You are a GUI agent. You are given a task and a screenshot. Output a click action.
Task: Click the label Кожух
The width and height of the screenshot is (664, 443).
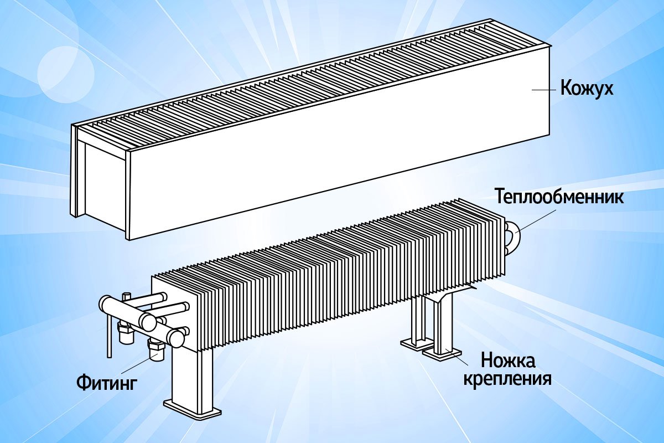click(587, 88)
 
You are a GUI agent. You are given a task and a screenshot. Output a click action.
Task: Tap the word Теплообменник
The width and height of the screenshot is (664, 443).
click(559, 197)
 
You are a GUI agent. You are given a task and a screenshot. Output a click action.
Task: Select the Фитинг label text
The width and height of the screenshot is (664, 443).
click(107, 383)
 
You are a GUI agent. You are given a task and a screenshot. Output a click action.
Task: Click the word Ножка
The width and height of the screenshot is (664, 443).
click(508, 360)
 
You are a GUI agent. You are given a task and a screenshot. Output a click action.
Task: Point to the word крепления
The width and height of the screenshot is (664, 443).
click(507, 379)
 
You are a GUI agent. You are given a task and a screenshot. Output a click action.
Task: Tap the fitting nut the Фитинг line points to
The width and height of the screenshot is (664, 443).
click(156, 350)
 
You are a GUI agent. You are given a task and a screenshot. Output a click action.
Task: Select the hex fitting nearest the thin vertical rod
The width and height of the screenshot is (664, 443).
click(127, 333)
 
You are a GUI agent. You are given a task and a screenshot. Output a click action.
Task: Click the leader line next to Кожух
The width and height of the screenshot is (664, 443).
click(543, 90)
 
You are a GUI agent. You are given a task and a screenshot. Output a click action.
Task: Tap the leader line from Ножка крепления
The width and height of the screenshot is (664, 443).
click(457, 357)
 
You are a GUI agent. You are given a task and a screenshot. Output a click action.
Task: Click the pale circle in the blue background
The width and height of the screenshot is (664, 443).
click(66, 74)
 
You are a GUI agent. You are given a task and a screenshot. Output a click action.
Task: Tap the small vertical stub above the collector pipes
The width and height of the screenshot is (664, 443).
click(127, 297)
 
